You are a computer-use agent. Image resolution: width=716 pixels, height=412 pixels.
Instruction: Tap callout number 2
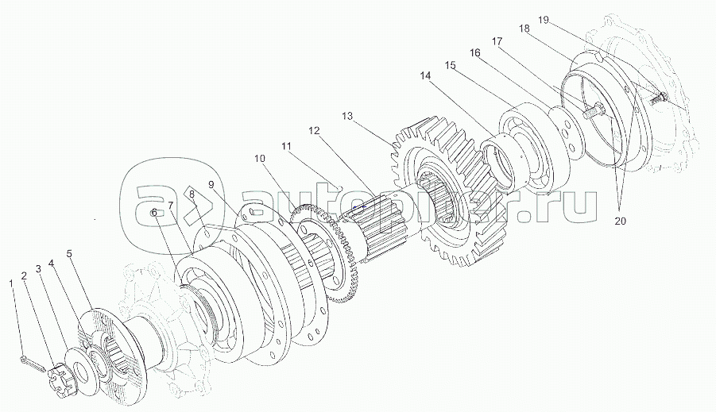pos(24,275)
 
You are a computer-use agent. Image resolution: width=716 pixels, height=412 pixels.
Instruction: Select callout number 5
pos(69,254)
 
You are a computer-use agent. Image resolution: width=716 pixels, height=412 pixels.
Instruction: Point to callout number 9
pos(211,185)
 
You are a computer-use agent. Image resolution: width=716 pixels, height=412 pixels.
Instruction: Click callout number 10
pos(259,159)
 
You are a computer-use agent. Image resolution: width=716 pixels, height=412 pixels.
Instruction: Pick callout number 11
pos(285,146)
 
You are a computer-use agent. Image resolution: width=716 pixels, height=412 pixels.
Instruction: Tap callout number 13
pos(346,115)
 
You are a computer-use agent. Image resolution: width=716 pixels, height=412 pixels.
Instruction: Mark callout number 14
pos(425,75)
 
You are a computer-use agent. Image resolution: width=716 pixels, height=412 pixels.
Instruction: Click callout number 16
pos(474,52)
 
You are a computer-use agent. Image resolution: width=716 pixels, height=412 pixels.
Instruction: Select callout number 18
pos(524,28)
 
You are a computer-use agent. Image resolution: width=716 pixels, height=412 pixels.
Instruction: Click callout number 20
pos(620,221)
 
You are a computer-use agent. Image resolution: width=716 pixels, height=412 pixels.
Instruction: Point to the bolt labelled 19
pos(659,98)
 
